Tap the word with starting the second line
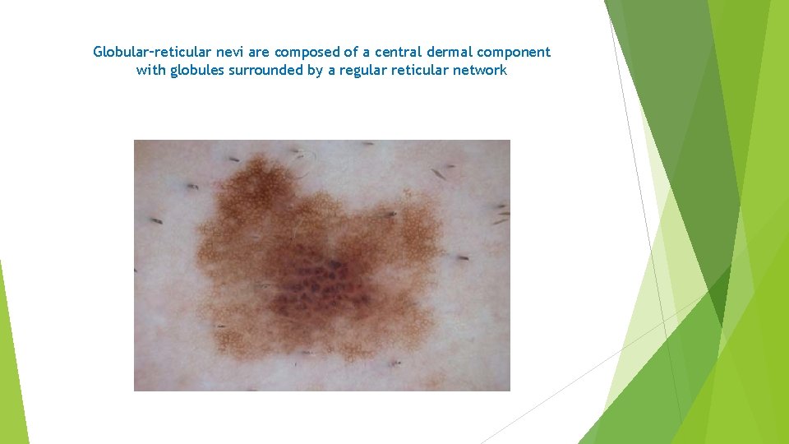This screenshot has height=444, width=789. (x=151, y=70)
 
